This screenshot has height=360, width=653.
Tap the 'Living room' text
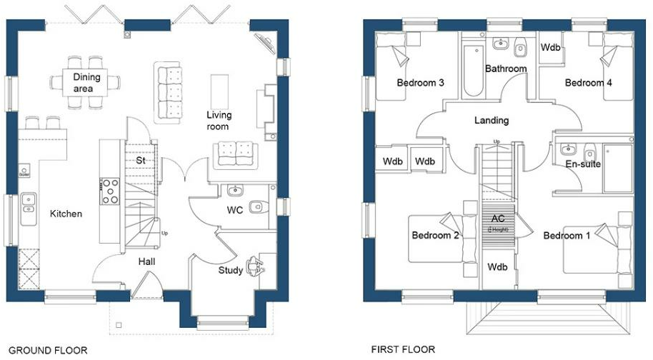(x=218, y=121)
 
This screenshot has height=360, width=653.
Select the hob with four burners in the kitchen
(x=111, y=190)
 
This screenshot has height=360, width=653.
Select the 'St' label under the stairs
(x=141, y=161)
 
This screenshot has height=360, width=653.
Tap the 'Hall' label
(x=147, y=261)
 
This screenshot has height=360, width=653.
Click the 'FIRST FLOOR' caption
(x=402, y=350)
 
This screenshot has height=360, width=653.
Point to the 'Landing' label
(x=492, y=121)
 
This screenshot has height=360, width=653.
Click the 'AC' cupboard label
(x=497, y=218)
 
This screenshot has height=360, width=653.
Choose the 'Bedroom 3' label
(x=421, y=84)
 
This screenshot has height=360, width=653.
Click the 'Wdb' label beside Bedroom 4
(x=550, y=49)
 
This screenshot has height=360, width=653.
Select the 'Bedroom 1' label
(x=567, y=236)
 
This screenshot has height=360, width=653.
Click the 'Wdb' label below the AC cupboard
(x=497, y=267)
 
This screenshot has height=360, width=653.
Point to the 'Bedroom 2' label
(x=435, y=236)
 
